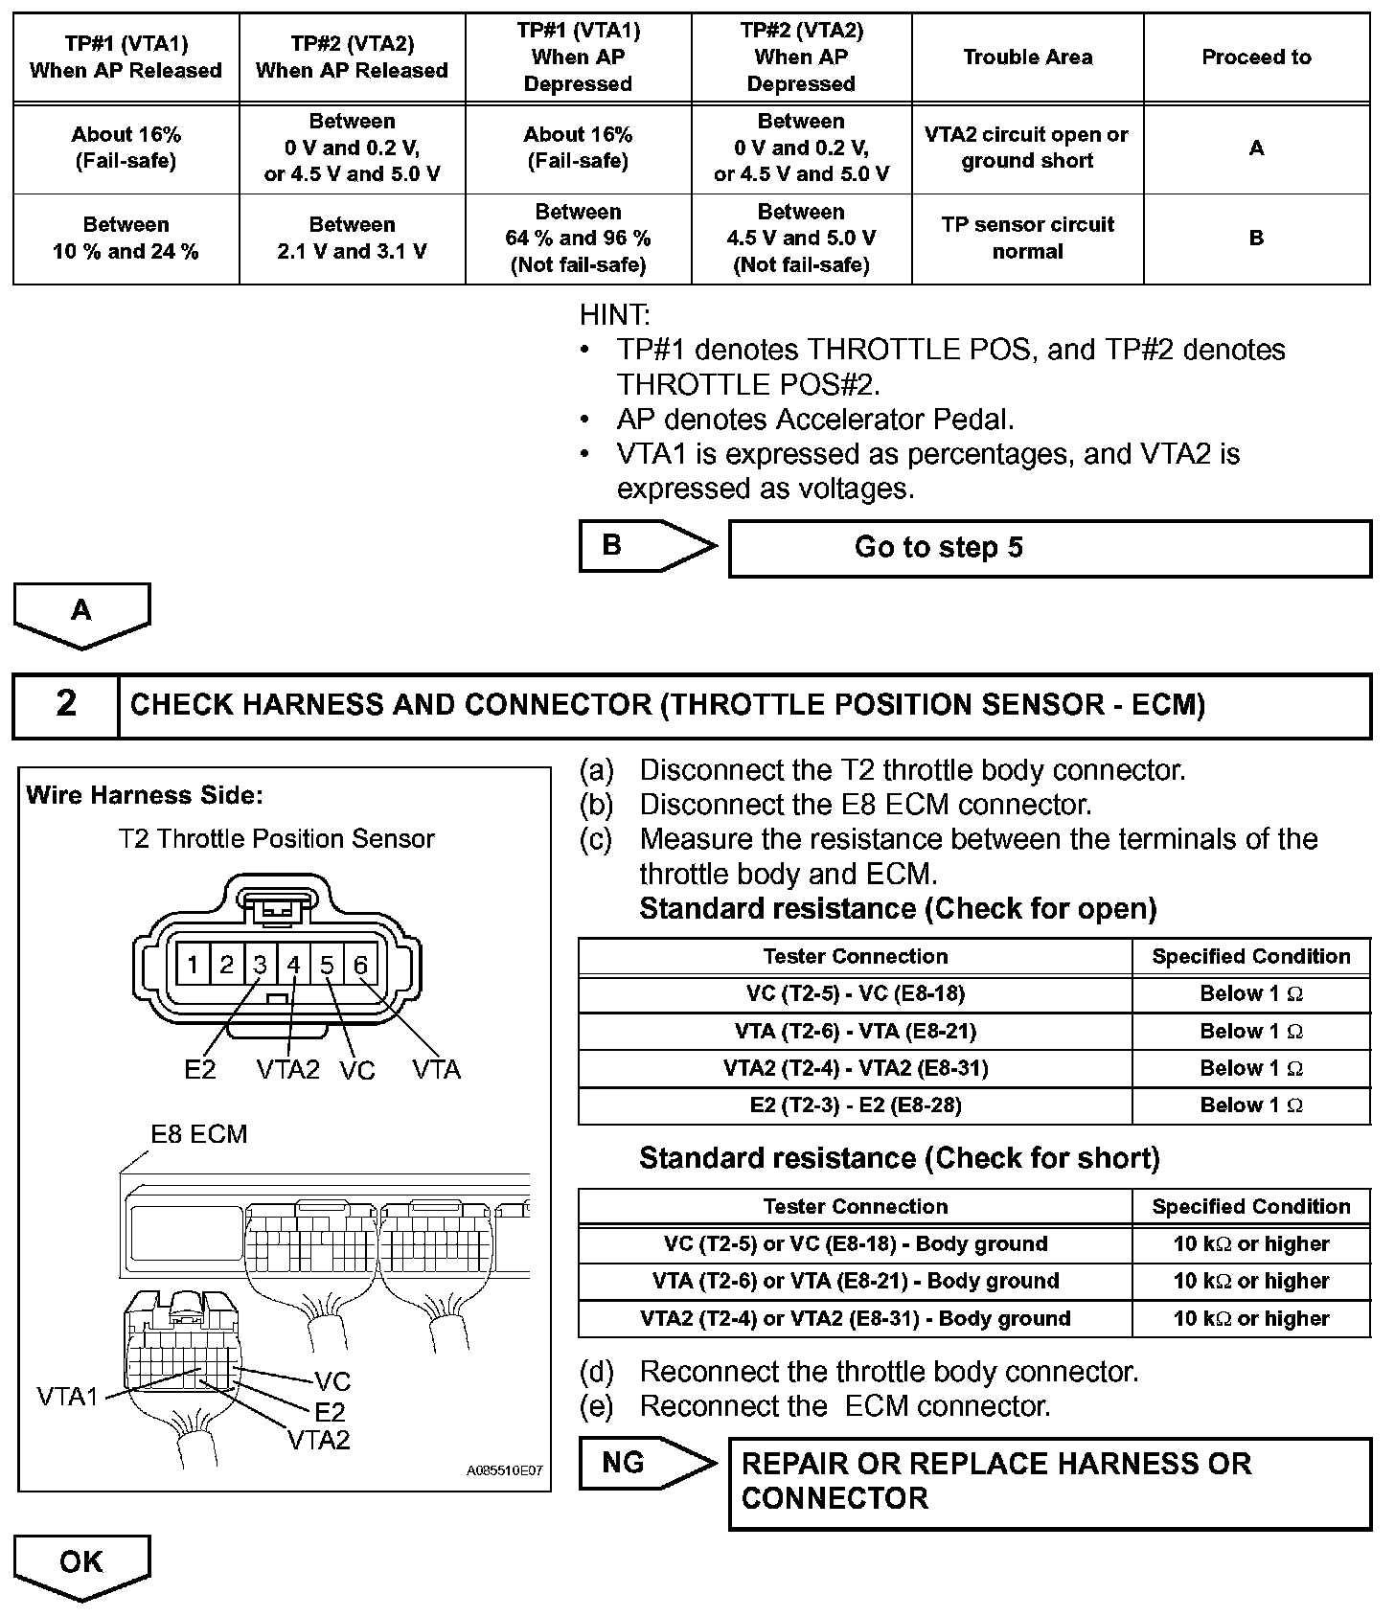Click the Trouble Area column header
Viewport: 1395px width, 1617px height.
point(1027,57)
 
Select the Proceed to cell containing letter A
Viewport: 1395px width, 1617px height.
point(1256,148)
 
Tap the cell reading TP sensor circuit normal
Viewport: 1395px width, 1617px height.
point(1027,239)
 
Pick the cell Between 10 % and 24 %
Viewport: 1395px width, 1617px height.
point(126,239)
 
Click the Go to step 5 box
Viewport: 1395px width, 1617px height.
point(1049,548)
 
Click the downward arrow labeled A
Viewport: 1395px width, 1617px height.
point(81,613)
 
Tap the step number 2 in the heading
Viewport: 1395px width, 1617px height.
point(65,705)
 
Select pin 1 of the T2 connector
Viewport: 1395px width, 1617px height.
point(193,965)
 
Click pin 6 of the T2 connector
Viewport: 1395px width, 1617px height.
point(360,965)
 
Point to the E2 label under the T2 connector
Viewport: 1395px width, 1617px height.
point(200,1070)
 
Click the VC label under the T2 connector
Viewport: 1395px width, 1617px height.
point(357,1071)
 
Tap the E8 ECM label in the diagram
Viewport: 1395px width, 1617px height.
point(199,1134)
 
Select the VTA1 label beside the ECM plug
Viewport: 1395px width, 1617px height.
point(67,1397)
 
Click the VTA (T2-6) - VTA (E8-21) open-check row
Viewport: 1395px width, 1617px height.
point(855,1032)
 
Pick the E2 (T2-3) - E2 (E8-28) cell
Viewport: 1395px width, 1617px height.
point(855,1105)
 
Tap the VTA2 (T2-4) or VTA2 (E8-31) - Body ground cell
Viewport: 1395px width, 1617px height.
point(855,1319)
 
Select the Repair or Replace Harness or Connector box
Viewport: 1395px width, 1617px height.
point(1049,1482)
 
